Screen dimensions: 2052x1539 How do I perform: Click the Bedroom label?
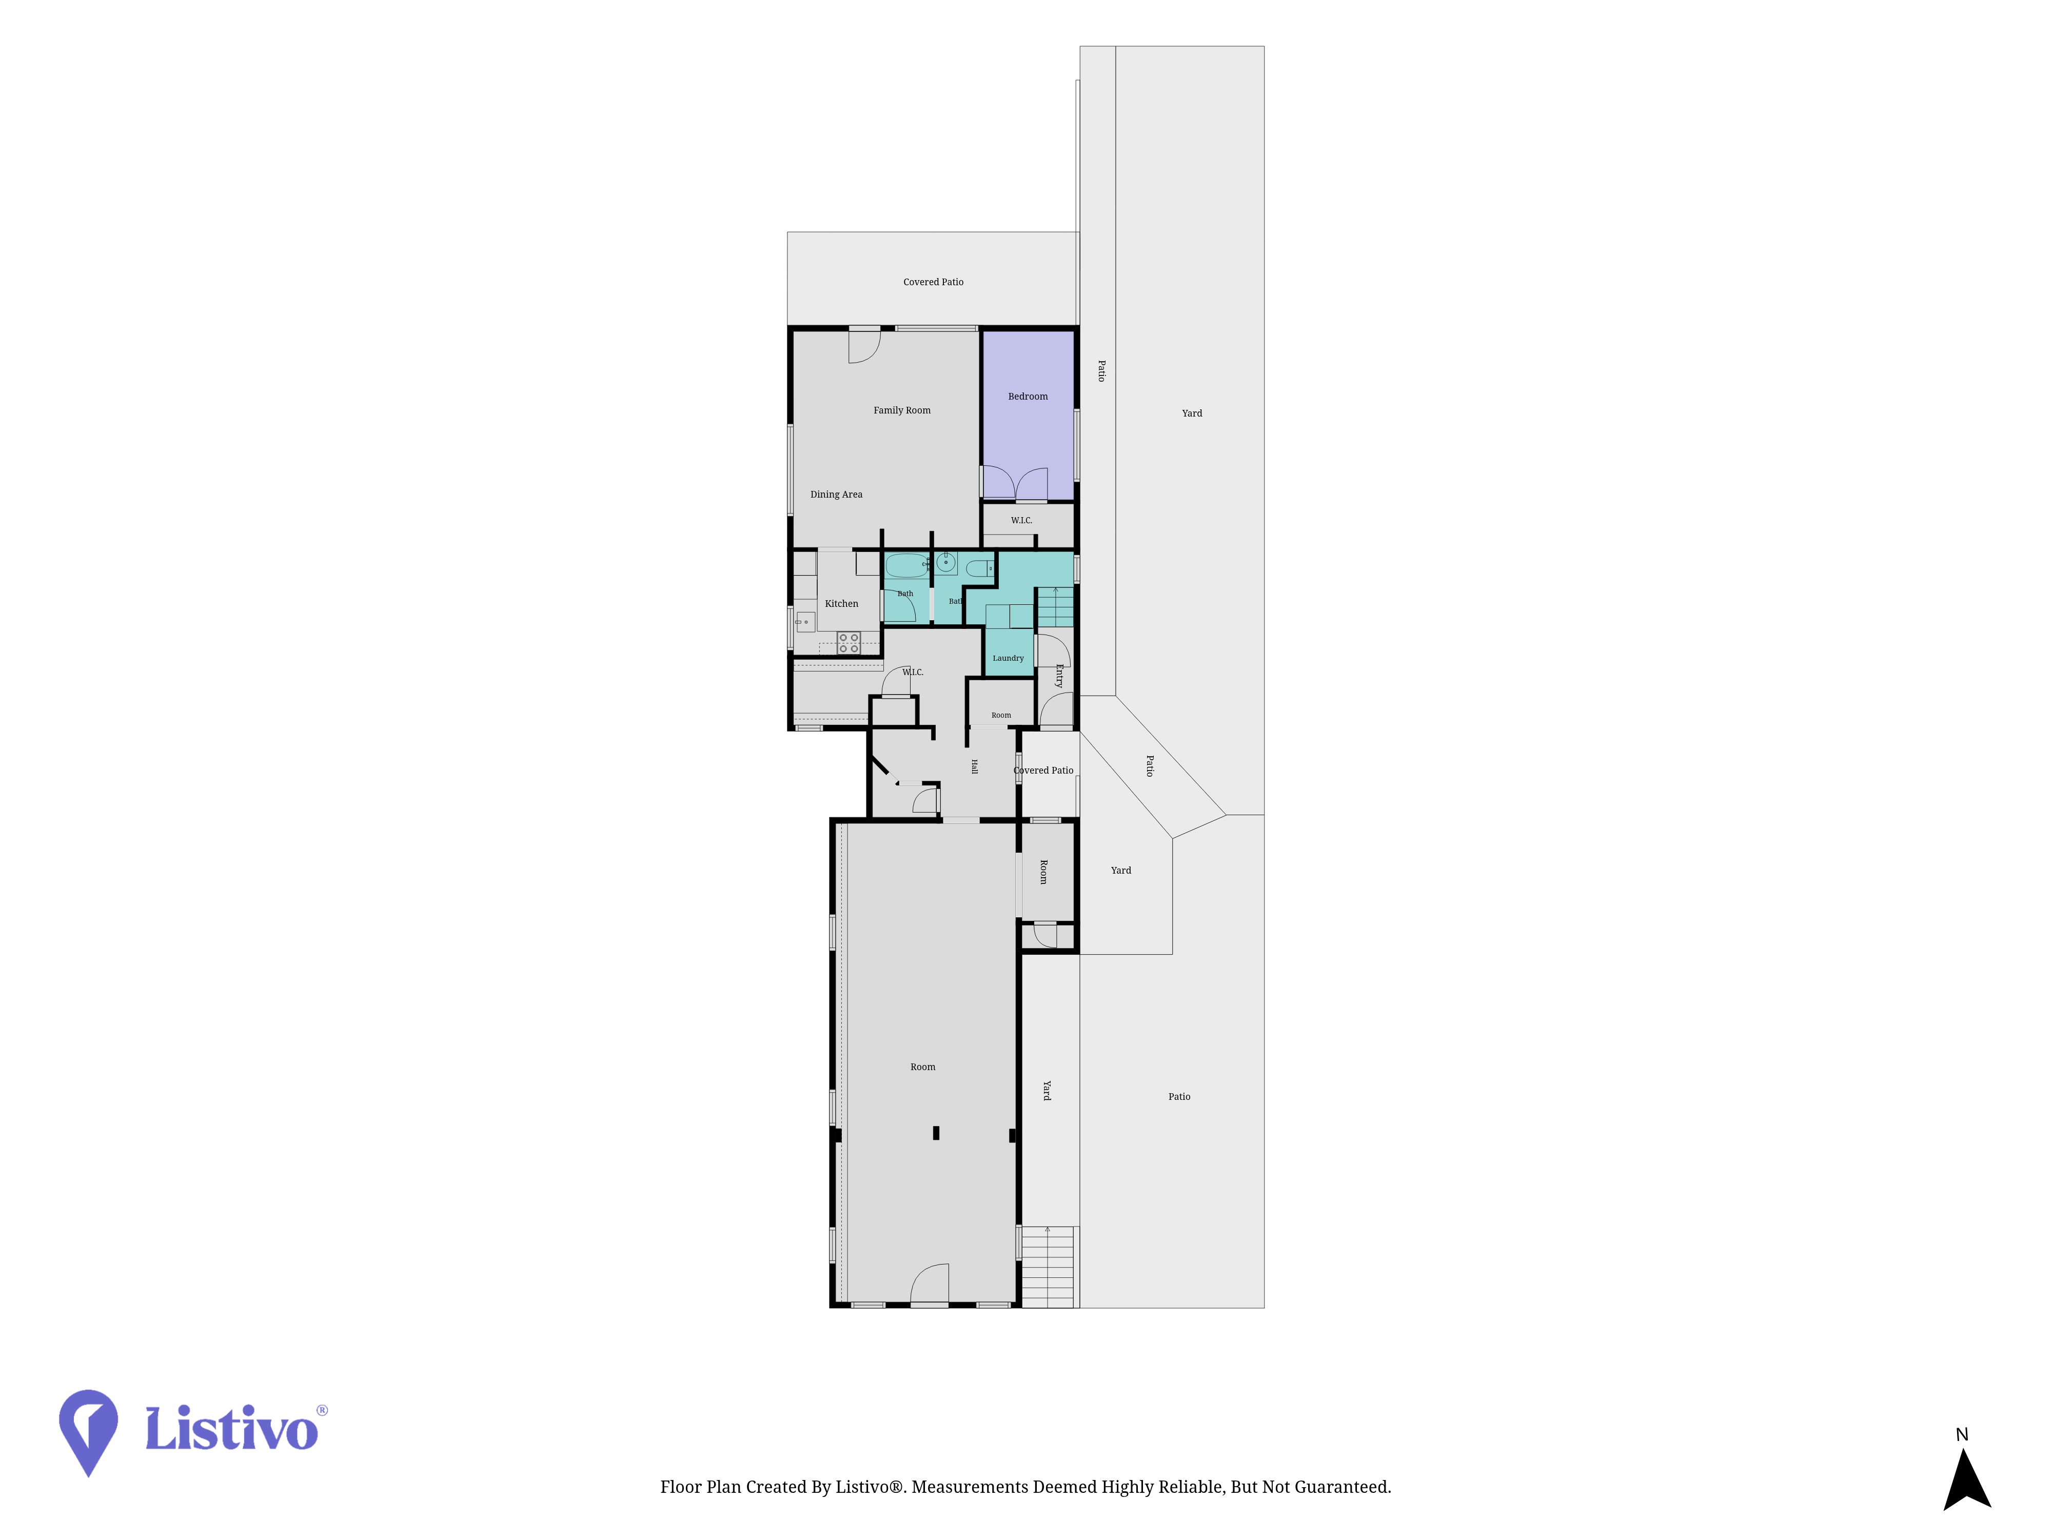pos(1028,396)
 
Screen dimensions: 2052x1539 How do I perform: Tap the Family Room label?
pos(902,410)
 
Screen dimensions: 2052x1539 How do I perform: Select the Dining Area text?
pos(836,495)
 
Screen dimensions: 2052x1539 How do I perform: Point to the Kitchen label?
pos(841,604)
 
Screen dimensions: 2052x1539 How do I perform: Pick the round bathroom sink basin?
pos(945,562)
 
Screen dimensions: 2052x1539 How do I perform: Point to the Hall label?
pos(974,766)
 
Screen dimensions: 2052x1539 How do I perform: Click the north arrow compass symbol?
pos(1967,1478)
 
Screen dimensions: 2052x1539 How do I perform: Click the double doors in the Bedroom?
pos(1015,483)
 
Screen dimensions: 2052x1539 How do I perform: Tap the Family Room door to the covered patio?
pos(864,345)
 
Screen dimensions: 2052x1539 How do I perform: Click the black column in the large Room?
pos(936,1133)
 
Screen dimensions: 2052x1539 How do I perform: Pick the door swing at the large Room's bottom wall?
pos(930,1284)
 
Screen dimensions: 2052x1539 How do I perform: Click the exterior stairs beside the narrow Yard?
pos(1048,1267)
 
